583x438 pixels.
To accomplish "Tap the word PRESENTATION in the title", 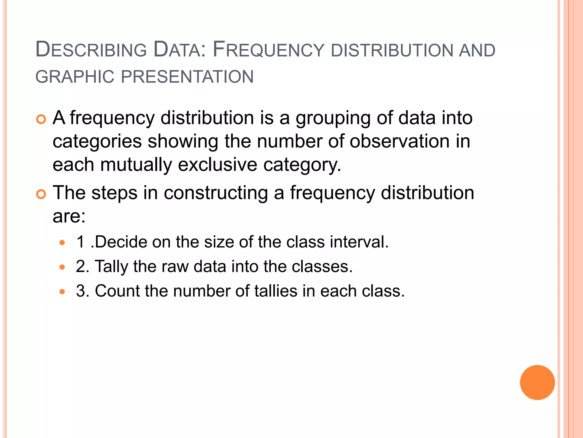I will (x=187, y=77).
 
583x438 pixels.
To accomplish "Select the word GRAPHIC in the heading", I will (x=75, y=77).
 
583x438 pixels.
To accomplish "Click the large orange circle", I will (x=537, y=382).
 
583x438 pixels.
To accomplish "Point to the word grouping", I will (x=333, y=118).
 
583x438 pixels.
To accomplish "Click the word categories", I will (x=97, y=142).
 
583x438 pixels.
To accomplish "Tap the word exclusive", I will (x=217, y=165).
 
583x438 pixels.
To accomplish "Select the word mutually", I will (x=136, y=165).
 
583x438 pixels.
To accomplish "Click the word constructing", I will (x=216, y=193).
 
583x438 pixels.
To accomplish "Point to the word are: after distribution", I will (x=69, y=216).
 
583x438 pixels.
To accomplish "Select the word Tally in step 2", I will (x=112, y=267).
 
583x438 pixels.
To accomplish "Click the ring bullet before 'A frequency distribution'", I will (x=41, y=119).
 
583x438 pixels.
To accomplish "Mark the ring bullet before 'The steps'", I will (x=41, y=194).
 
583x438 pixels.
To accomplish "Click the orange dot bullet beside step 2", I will (x=62, y=267).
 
